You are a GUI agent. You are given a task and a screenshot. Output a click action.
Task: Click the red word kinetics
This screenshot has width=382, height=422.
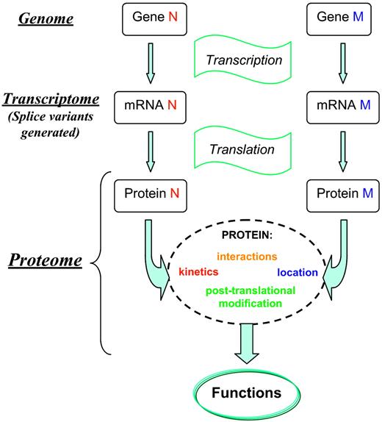[x=198, y=272]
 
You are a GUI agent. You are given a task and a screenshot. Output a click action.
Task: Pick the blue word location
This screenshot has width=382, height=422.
[x=297, y=272]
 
